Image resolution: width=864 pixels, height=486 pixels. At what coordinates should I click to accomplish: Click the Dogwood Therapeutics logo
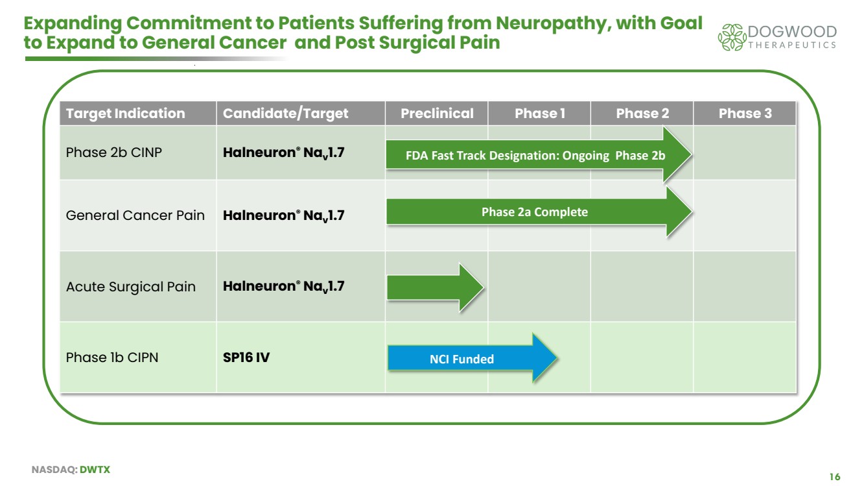point(776,37)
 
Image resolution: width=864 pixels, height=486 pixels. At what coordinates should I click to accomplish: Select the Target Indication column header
point(125,114)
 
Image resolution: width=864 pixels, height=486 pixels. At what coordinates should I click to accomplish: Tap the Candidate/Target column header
point(285,114)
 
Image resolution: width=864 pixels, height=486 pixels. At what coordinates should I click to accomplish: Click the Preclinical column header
point(437,114)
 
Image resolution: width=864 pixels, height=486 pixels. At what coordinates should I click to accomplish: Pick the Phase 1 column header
point(539,114)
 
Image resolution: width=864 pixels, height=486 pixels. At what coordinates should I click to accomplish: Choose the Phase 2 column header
point(642,114)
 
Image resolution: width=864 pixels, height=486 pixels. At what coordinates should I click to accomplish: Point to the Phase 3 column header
point(745,114)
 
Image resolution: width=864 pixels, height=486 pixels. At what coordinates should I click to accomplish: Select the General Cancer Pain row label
point(135,215)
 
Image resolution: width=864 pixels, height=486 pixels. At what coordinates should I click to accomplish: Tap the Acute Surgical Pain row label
point(130,287)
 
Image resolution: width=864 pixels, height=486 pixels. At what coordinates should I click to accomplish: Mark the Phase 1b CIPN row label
point(111,358)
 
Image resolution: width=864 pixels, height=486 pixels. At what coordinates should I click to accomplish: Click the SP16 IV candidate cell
point(246,358)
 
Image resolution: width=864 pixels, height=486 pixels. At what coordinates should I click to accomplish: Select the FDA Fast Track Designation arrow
point(535,156)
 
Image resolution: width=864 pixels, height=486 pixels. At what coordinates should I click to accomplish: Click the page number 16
point(834,477)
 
